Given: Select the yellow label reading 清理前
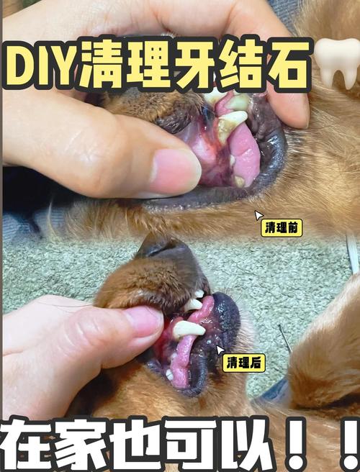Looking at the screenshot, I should (282, 228).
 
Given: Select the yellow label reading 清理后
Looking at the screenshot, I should (244, 363).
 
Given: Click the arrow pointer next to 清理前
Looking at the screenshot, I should (258, 215).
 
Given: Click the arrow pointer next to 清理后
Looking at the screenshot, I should (220, 350).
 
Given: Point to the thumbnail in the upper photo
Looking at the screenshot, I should (171, 170).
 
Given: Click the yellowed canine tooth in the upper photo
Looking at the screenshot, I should (230, 123).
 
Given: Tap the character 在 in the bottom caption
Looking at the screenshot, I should (29, 446).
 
